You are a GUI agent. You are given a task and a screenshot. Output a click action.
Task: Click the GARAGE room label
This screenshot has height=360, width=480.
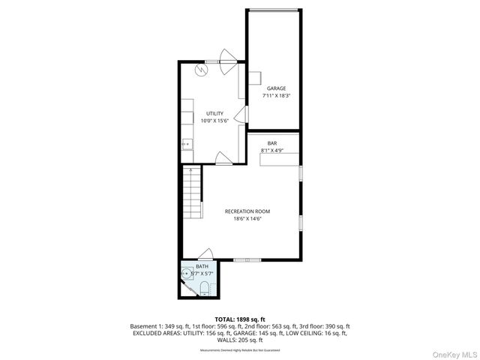coord(276,88)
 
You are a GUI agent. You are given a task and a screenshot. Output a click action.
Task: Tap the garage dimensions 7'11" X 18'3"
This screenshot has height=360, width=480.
coord(276,96)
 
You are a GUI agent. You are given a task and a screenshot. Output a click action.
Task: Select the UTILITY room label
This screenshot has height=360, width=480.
coord(215,113)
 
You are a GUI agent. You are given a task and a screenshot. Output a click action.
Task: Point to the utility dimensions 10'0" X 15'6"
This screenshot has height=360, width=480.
coord(215,121)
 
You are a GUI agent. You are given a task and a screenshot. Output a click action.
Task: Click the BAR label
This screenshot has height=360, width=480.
coord(273,143)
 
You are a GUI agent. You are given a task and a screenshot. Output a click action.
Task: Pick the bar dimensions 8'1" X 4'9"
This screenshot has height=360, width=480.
coord(273,151)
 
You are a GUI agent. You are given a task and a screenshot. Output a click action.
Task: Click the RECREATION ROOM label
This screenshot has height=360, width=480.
coord(247,211)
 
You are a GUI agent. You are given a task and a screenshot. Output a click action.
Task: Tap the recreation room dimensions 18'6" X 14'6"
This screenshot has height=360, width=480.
coord(247,219)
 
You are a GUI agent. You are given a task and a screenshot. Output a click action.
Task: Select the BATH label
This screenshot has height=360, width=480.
coord(202,266)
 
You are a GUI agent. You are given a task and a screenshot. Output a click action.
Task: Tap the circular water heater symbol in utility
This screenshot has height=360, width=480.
coord(202,69)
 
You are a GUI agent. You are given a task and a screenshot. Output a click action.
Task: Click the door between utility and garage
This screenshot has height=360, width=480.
coord(240,115)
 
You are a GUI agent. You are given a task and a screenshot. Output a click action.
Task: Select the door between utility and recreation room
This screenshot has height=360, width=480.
coord(223,158)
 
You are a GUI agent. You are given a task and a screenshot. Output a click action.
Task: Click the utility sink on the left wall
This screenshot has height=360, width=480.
coord(187,143)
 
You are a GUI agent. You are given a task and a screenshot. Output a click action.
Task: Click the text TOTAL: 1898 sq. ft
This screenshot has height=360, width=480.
coord(240,319)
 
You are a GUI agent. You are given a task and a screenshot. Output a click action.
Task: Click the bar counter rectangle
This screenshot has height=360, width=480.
coord(280,158)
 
